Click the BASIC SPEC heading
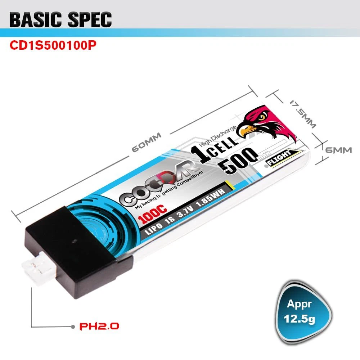coord(60,20)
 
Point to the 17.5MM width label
coord(303,114)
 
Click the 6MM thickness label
coord(338,150)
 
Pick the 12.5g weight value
coord(299,319)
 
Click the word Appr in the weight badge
coord(299,304)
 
